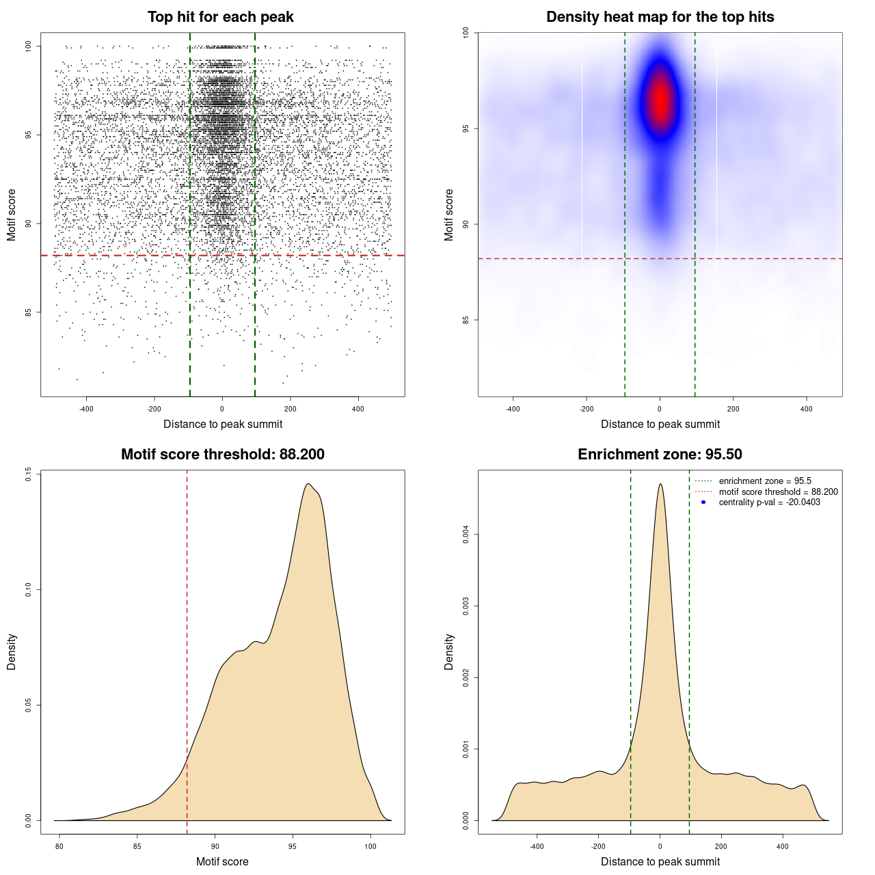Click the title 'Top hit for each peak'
click(x=220, y=17)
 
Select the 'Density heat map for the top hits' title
click(x=660, y=17)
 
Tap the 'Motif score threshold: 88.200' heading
click(x=222, y=455)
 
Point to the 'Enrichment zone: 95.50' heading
click(x=660, y=455)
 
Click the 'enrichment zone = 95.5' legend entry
click(x=765, y=481)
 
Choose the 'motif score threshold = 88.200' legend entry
click(x=778, y=492)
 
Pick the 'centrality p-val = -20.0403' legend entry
click(x=769, y=502)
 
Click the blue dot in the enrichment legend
click(x=703, y=502)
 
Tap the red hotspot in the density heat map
click(x=660, y=101)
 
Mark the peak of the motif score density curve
click(x=309, y=484)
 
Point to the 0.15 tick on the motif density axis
click(x=28, y=474)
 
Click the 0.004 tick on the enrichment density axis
click(x=466, y=535)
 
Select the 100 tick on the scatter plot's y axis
click(x=28, y=46)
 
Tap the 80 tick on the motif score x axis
click(x=59, y=846)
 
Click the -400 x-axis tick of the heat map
click(x=513, y=409)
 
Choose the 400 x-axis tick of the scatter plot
click(x=358, y=409)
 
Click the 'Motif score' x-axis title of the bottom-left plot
click(x=222, y=861)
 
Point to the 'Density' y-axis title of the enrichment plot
click(x=449, y=651)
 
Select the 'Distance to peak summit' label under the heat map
click(x=660, y=425)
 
